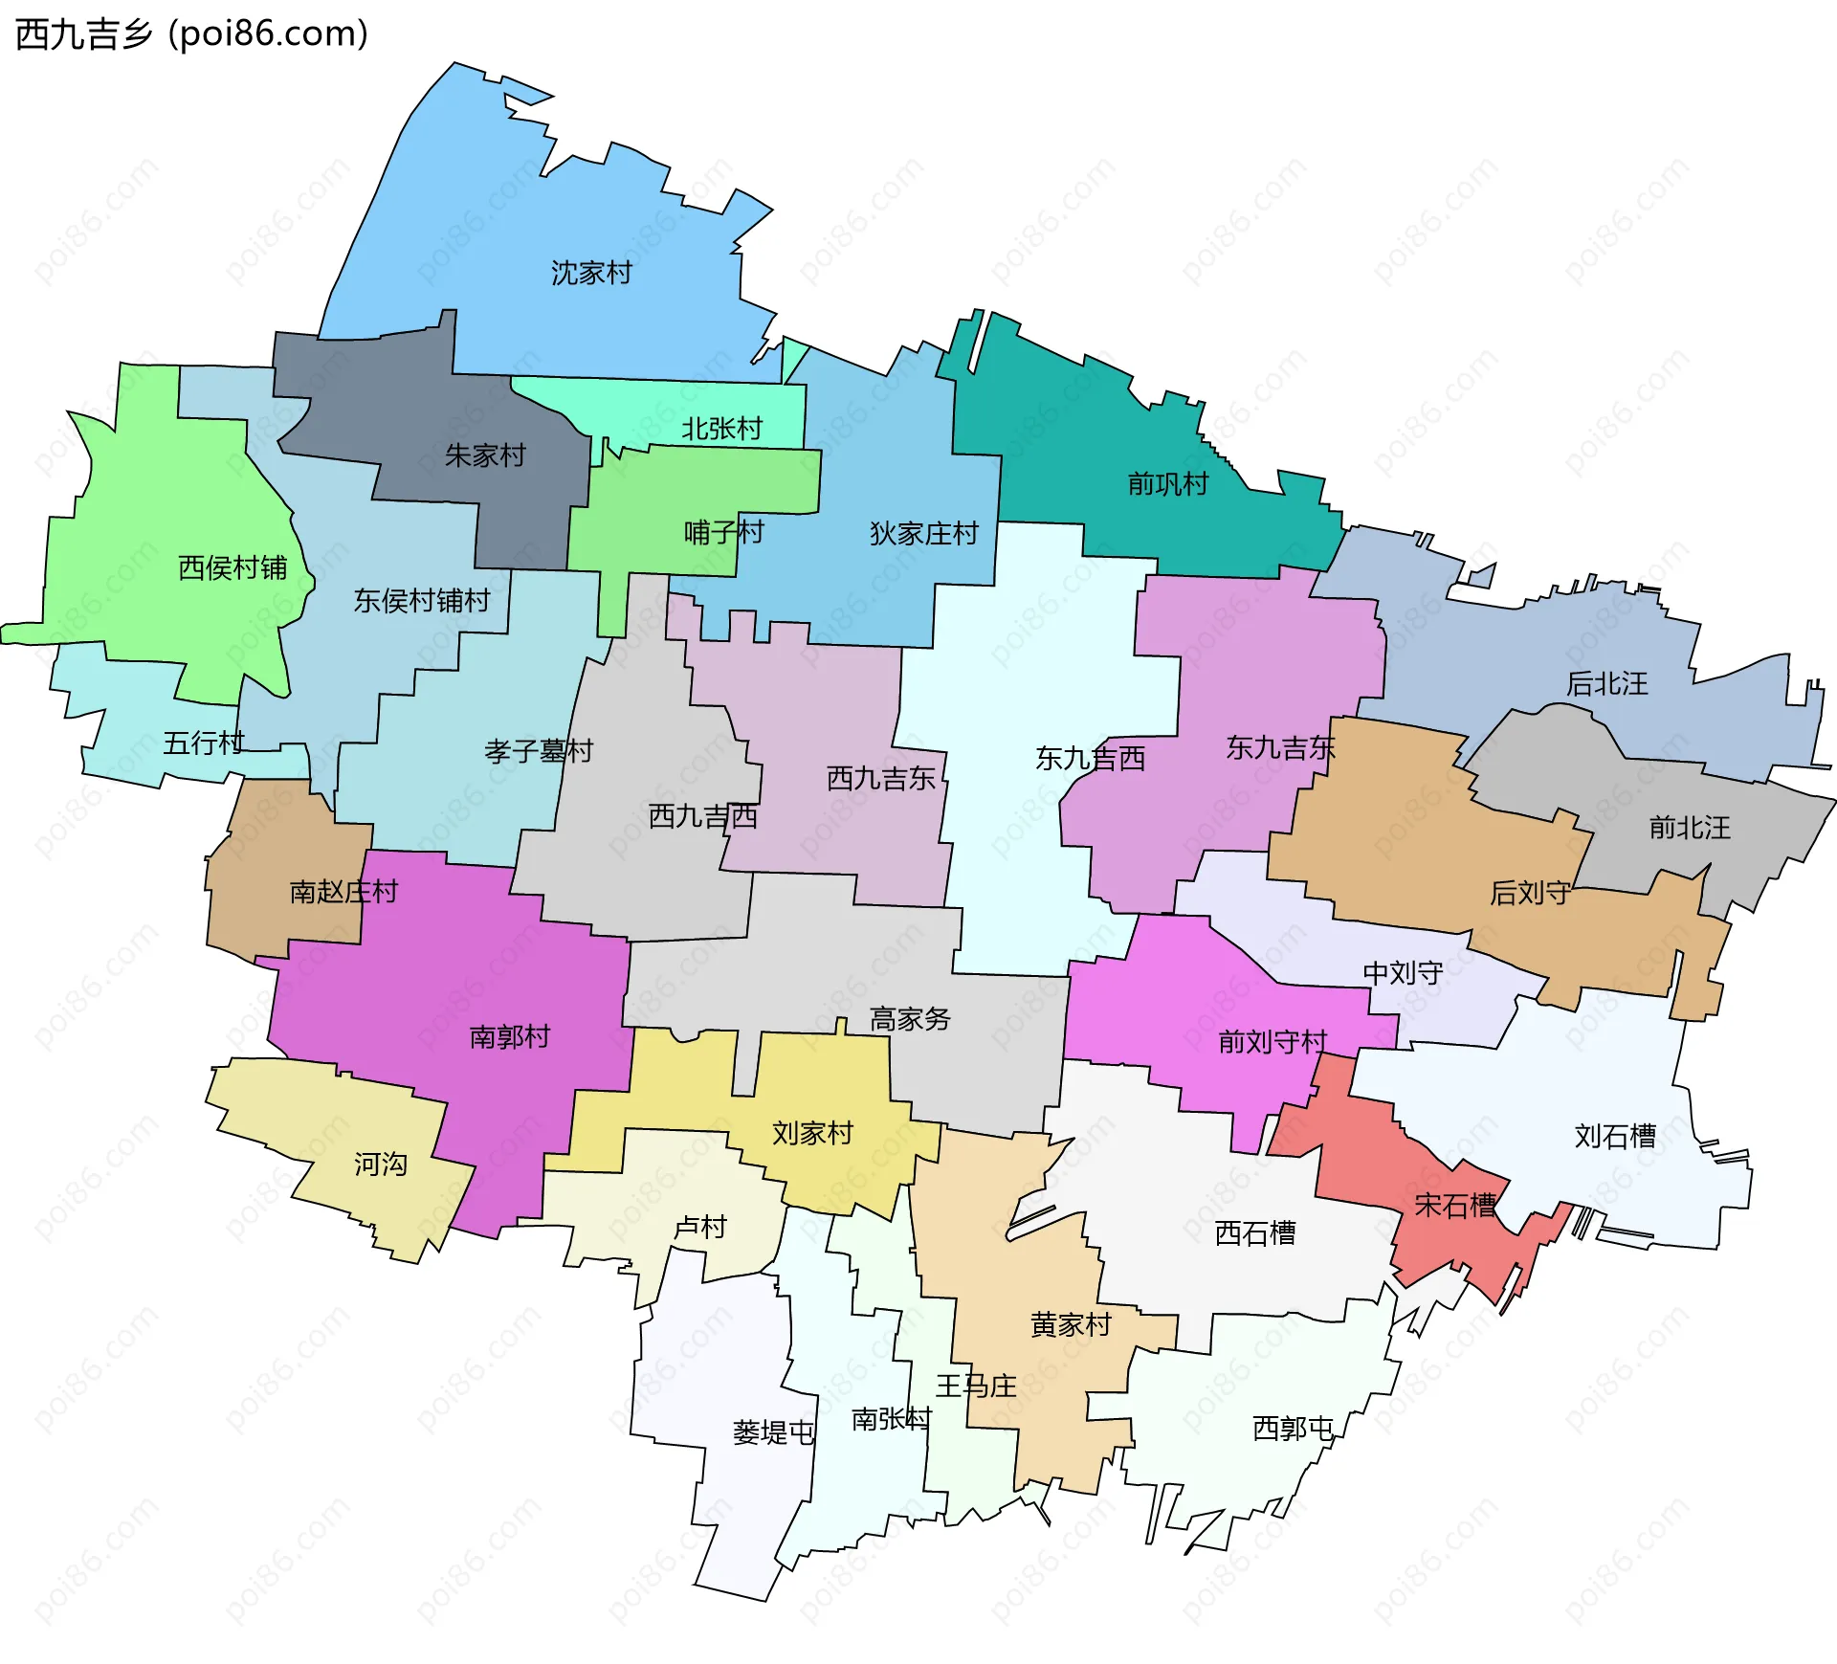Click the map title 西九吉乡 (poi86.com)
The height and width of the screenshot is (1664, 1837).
[x=191, y=34]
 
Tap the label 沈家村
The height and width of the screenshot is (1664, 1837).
[x=591, y=274]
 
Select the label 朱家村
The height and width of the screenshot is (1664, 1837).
[x=485, y=455]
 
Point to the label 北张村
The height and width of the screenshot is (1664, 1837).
[x=721, y=429]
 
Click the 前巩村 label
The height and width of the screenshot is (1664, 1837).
[x=1167, y=484]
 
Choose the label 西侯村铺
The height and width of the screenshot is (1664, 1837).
[x=232, y=568]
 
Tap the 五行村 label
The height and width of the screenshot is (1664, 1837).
[x=204, y=743]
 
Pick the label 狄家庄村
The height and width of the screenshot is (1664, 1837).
[x=923, y=534]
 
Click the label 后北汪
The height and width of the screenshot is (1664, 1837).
[x=1606, y=684]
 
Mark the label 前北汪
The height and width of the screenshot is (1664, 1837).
[x=1689, y=828]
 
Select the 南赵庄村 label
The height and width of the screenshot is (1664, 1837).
[x=343, y=892]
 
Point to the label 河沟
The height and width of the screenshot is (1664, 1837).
[x=381, y=1165]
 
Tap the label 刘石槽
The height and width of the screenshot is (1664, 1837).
[x=1615, y=1137]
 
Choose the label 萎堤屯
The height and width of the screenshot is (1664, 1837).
[x=773, y=1432]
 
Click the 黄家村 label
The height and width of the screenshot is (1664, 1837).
[x=1071, y=1325]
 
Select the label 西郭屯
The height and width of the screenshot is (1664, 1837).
[x=1293, y=1429]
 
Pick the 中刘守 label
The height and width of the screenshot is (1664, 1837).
[x=1403, y=973]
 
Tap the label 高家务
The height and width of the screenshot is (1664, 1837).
[x=910, y=1019]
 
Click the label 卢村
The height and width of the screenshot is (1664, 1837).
[x=700, y=1227]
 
